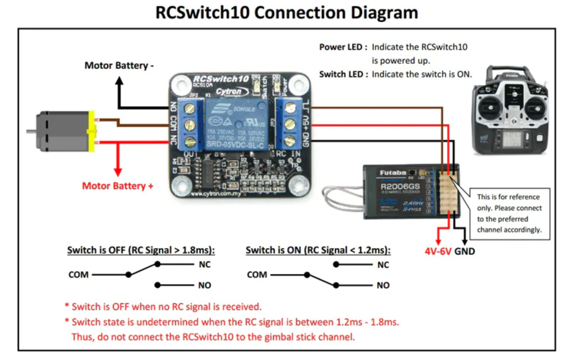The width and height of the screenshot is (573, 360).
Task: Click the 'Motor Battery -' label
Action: [119, 65]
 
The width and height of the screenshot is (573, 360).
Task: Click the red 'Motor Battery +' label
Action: [118, 186]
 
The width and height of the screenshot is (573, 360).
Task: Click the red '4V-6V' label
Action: [438, 251]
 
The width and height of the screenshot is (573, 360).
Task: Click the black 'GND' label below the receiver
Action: [464, 251]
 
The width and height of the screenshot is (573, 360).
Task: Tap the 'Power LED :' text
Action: [343, 47]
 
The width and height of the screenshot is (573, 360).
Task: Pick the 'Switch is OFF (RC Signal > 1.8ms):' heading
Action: [141, 250]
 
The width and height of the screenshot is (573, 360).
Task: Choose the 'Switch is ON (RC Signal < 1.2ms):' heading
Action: [318, 250]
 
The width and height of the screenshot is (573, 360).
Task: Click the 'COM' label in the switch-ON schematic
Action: [257, 275]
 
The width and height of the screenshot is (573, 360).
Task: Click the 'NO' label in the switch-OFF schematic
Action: [205, 286]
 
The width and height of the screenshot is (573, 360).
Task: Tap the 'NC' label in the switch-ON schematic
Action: [383, 265]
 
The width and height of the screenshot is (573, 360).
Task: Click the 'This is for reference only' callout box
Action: [509, 213]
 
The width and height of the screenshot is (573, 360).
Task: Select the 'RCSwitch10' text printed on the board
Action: [221, 79]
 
